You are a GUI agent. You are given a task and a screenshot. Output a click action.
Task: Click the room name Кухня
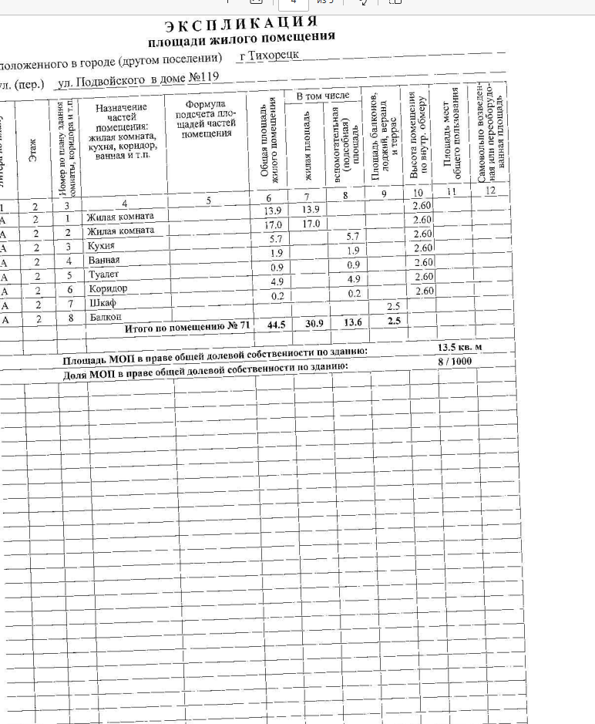tap(101, 246)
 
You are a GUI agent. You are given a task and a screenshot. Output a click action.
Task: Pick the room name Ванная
tap(104, 261)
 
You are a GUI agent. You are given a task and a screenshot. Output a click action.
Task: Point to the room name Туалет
tap(103, 274)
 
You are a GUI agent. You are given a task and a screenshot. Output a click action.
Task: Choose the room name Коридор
tap(107, 288)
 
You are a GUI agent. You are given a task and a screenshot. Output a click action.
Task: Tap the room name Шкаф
tap(100, 303)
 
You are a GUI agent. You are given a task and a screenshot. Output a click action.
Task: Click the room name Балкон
tap(105, 317)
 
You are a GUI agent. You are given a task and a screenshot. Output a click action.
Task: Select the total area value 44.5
tap(276, 325)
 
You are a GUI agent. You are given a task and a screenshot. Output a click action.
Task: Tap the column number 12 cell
tap(489, 190)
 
